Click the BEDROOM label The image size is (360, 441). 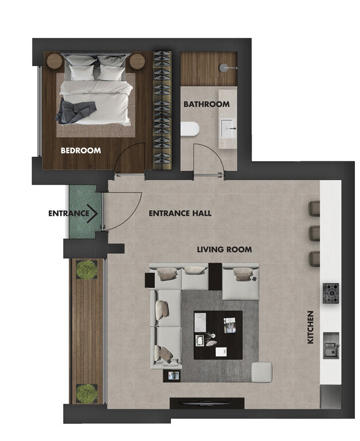(81, 150)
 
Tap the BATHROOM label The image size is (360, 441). (207, 105)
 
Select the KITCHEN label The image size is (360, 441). (310, 327)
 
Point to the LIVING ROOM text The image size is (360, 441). (224, 249)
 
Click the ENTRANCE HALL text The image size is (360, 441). (180, 213)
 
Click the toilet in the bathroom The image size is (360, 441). (190, 129)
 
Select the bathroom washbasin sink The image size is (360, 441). (228, 129)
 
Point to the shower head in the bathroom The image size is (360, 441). (224, 67)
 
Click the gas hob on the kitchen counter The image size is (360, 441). (331, 293)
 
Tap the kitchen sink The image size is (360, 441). (331, 345)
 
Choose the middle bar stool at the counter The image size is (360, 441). (314, 233)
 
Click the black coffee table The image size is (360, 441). (218, 335)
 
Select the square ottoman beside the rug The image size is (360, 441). (262, 372)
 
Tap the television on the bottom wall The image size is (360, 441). (207, 403)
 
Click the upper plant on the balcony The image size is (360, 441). (87, 269)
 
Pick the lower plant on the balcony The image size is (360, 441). (87, 393)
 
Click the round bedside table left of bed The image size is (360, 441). (55, 61)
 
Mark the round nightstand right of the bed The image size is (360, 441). (137, 61)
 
